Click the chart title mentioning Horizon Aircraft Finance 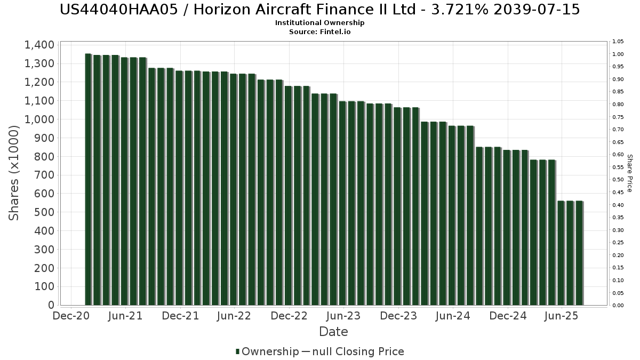[319, 10]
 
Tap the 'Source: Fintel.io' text [319, 32]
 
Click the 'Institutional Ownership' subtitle [319, 23]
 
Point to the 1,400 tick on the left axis [39, 45]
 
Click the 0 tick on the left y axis [51, 306]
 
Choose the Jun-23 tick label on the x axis [343, 316]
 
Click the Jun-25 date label [561, 316]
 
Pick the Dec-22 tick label [289, 316]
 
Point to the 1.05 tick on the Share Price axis [618, 42]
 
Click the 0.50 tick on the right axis [618, 180]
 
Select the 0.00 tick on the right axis [618, 306]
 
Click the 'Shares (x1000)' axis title [14, 172]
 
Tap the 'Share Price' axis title [629, 173]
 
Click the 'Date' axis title [333, 332]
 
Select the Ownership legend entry [267, 351]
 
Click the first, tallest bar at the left [88, 179]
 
